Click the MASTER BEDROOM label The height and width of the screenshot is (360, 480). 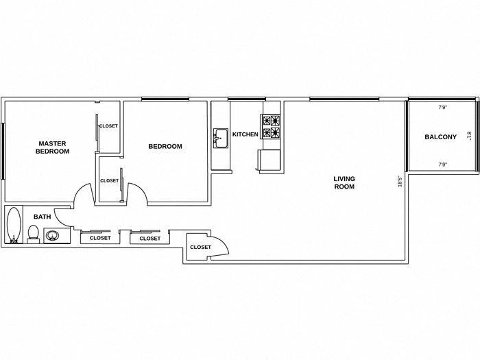(x=52, y=147)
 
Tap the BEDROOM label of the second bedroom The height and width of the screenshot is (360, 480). (x=165, y=146)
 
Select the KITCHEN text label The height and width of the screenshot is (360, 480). (x=245, y=134)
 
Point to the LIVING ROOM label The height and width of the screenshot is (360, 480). (x=344, y=182)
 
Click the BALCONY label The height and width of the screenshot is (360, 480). (x=440, y=137)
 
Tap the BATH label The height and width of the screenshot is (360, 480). (x=43, y=217)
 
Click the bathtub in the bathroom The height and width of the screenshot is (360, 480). (x=13, y=225)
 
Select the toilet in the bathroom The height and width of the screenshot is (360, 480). (x=33, y=234)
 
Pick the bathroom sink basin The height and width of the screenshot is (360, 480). (x=53, y=237)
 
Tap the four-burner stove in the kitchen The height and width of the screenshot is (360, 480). (x=271, y=127)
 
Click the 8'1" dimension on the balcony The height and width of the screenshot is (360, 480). (x=469, y=136)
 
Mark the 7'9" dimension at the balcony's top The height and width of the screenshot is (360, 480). (x=442, y=107)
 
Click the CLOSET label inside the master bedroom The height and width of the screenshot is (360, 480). (x=108, y=126)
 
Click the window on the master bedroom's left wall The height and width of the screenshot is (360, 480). (x=3, y=151)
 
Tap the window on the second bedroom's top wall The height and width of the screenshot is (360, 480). (x=165, y=99)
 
